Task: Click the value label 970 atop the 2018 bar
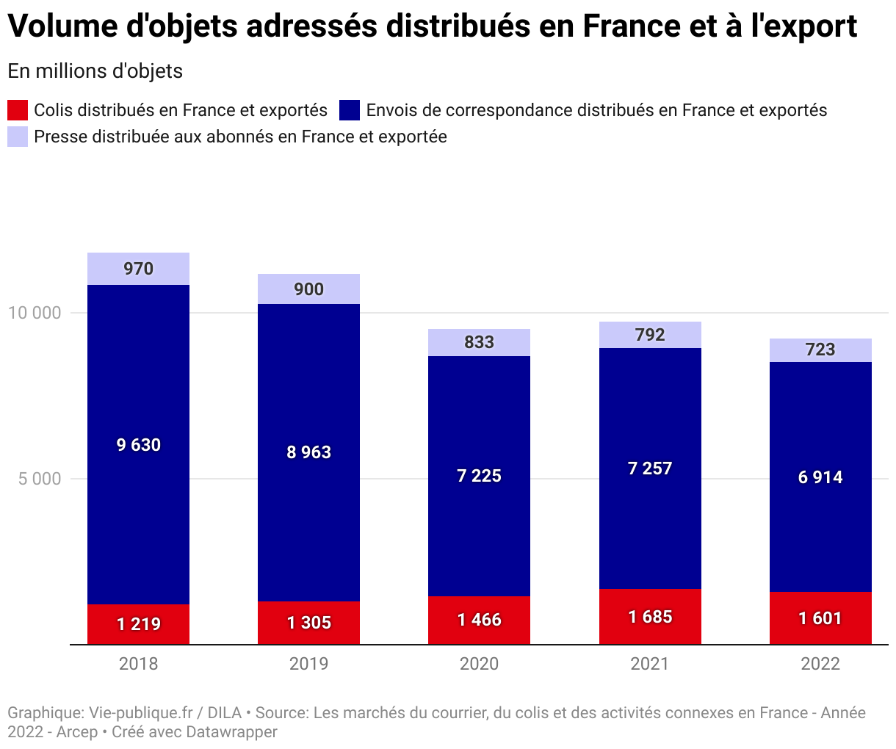(x=138, y=269)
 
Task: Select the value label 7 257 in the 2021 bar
(x=650, y=468)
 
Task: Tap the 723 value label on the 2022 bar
(x=820, y=350)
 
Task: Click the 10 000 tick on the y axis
(x=35, y=313)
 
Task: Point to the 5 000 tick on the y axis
(x=39, y=479)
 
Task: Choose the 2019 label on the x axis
(x=308, y=664)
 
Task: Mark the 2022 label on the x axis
(x=820, y=664)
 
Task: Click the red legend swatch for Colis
(x=18, y=110)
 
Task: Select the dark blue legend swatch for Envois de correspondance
(x=350, y=110)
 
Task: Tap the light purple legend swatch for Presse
(x=18, y=137)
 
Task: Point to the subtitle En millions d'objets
(x=95, y=71)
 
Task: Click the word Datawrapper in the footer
(x=231, y=732)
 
